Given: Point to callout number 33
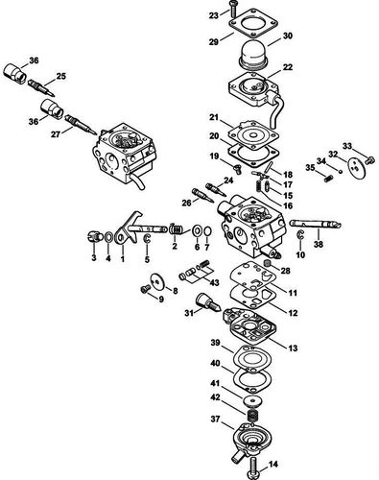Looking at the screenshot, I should click(347, 147).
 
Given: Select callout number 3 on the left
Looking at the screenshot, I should click(94, 259).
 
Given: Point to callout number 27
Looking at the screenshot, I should click(68, 135).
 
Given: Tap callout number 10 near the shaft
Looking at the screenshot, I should click(299, 256).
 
